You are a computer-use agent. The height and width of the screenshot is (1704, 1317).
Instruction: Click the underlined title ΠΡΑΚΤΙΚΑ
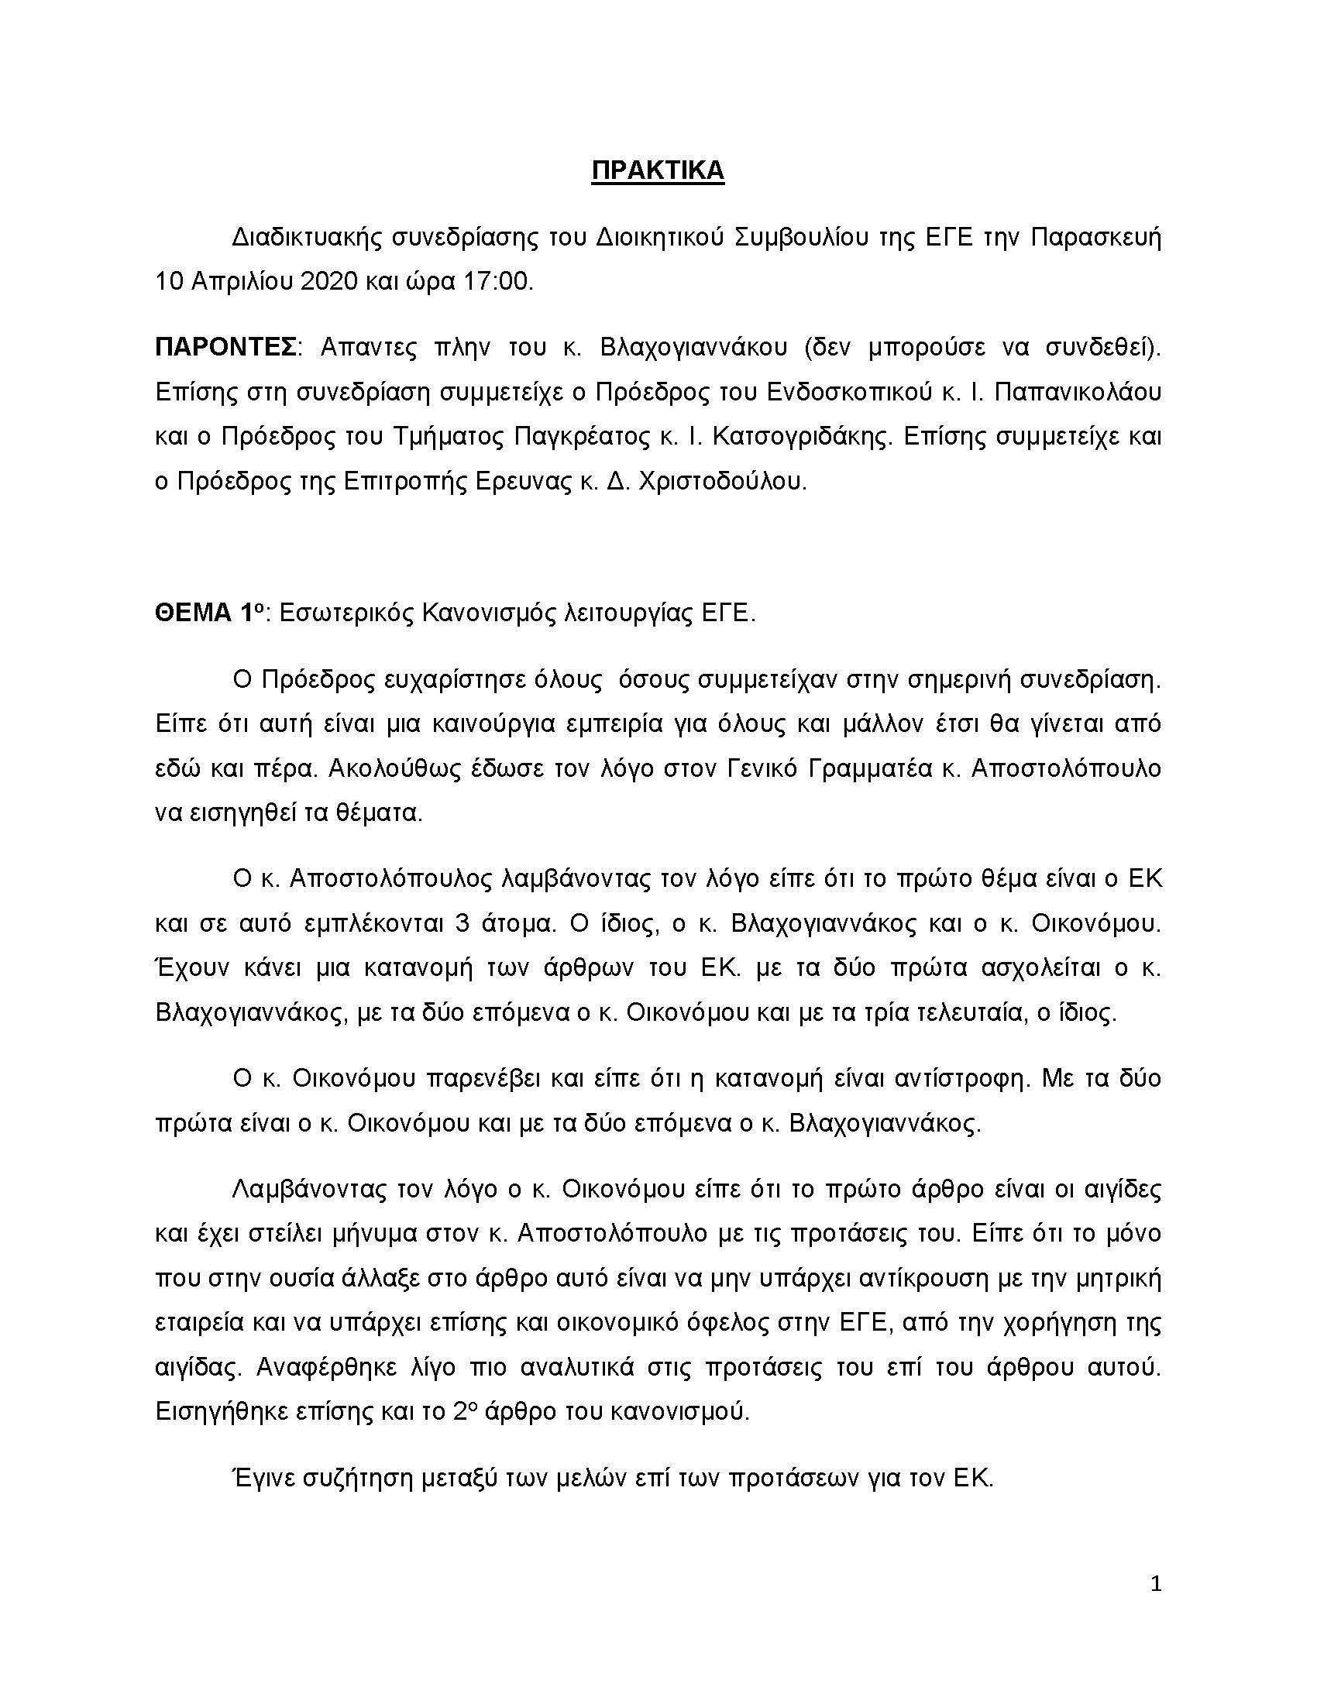(x=658, y=171)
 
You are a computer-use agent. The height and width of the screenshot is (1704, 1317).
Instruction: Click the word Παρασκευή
(x=1096, y=238)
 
